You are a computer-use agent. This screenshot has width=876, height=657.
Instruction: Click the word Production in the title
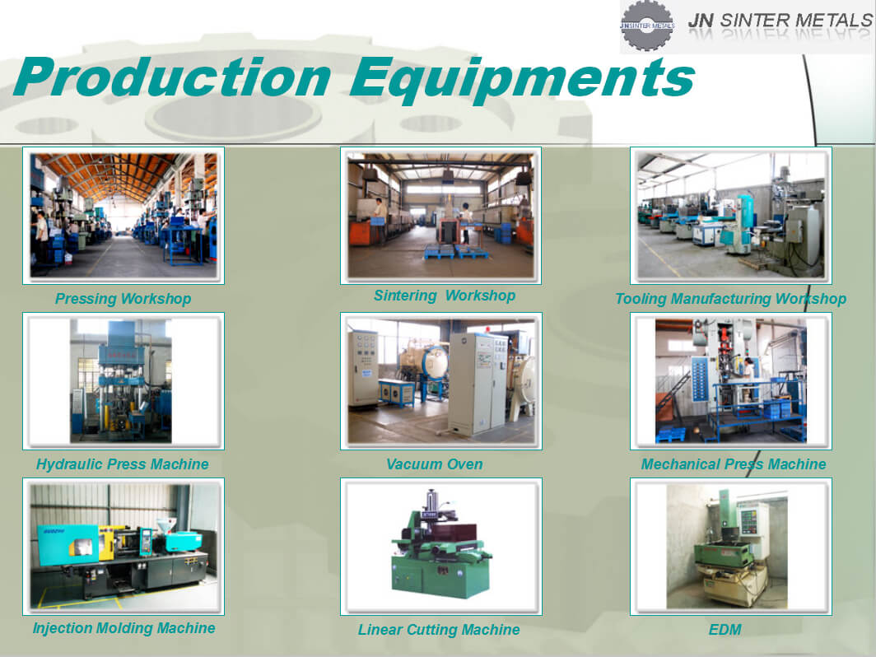pyautogui.click(x=173, y=77)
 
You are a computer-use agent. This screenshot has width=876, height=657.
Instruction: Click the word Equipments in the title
pyautogui.click(x=522, y=80)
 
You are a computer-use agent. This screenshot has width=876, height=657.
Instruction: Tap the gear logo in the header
pyautogui.click(x=647, y=26)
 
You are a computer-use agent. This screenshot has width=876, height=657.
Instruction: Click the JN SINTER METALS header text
pyautogui.click(x=780, y=21)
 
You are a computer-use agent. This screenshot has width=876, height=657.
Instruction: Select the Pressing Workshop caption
pyautogui.click(x=123, y=299)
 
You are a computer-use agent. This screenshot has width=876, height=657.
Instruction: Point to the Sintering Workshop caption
pyautogui.click(x=444, y=296)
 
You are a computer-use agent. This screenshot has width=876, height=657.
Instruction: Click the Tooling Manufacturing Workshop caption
pyautogui.click(x=730, y=299)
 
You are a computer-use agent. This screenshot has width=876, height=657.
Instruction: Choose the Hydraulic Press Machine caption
pyautogui.click(x=123, y=464)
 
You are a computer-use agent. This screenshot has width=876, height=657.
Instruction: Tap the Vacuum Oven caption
pyautogui.click(x=434, y=464)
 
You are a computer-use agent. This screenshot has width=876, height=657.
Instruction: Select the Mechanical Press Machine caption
pyautogui.click(x=733, y=464)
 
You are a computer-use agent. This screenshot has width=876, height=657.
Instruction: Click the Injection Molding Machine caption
pyautogui.click(x=123, y=628)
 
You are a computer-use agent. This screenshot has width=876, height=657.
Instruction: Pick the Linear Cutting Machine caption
pyautogui.click(x=439, y=630)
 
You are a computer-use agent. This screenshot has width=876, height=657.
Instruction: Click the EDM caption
pyautogui.click(x=725, y=630)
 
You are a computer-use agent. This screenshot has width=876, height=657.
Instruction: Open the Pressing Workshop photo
pyautogui.click(x=123, y=216)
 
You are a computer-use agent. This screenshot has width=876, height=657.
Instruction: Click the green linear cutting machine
pyautogui.click(x=441, y=545)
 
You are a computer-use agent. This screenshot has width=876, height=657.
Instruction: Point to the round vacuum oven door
pyautogui.click(x=435, y=363)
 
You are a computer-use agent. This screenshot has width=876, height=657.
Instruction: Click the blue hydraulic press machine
pyautogui.click(x=121, y=380)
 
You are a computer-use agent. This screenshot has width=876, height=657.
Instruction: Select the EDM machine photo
pyautogui.click(x=727, y=547)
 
